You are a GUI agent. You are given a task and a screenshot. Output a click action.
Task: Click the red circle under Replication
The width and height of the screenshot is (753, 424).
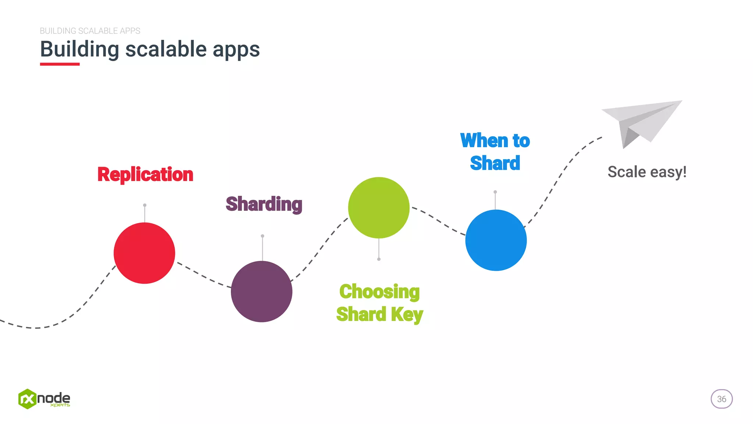pyautogui.click(x=144, y=253)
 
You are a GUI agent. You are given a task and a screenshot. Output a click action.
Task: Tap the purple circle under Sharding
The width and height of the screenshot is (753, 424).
pyautogui.click(x=261, y=291)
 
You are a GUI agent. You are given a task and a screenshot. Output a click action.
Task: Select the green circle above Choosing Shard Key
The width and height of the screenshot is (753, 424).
pyautogui.click(x=379, y=208)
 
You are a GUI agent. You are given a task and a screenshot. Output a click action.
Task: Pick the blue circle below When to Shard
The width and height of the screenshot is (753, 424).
pyautogui.click(x=496, y=240)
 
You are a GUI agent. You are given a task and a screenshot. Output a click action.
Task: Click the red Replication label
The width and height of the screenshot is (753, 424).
pyautogui.click(x=145, y=174)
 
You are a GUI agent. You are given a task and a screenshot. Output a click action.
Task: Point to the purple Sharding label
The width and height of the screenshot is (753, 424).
pyautogui.click(x=264, y=204)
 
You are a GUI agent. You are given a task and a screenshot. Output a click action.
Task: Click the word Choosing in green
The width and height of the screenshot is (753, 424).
pyautogui.click(x=379, y=291)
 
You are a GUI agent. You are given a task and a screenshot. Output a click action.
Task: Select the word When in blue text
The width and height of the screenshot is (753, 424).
pyautogui.click(x=484, y=141)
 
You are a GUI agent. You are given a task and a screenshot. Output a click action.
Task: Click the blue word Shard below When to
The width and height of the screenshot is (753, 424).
pyautogui.click(x=495, y=163)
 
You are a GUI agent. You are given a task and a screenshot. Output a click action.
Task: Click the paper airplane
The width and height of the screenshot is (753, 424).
pyautogui.click(x=641, y=121)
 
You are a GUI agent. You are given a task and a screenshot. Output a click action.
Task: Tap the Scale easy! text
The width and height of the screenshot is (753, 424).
pyautogui.click(x=647, y=172)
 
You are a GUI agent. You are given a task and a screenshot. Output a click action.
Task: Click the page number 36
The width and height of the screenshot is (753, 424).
pyautogui.click(x=721, y=399)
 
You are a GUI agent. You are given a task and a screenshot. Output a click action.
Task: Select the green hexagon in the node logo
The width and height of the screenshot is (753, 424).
pyautogui.click(x=27, y=399)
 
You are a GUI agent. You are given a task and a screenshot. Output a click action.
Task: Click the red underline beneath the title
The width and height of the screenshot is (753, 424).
pyautogui.click(x=60, y=64)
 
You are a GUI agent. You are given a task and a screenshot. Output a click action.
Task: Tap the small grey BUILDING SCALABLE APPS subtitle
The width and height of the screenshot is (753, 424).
pyautogui.click(x=90, y=31)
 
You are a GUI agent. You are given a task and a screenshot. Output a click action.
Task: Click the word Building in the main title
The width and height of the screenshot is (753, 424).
pyautogui.click(x=79, y=49)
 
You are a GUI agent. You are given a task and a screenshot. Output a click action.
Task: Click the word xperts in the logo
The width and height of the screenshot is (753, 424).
pyautogui.click(x=60, y=405)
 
